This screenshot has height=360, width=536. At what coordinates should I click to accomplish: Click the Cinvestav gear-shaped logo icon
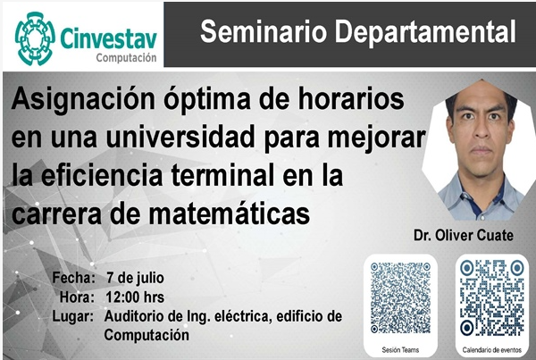(35, 38)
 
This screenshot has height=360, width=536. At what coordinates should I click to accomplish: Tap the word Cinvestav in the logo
(109, 38)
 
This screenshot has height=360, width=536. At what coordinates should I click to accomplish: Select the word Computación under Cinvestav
(127, 58)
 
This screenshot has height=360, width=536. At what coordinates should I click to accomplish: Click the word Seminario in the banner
(263, 31)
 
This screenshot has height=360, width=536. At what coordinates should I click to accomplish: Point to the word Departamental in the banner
(425, 31)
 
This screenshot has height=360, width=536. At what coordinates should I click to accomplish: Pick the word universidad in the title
(180, 137)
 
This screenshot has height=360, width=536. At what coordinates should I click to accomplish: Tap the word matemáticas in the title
(230, 214)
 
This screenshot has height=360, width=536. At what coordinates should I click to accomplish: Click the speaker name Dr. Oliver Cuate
(464, 235)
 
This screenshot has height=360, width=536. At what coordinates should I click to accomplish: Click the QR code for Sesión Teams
(400, 297)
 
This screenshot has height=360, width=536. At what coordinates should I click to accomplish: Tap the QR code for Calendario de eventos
(492, 297)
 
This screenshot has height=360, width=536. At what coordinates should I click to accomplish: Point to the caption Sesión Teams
(400, 350)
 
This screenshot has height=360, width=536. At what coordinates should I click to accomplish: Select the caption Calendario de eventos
(492, 350)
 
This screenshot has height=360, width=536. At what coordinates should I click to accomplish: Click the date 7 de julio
(135, 278)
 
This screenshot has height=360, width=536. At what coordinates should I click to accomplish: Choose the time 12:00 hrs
(135, 297)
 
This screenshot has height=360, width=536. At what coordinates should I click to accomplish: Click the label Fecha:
(73, 278)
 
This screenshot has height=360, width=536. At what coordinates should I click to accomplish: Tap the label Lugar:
(73, 316)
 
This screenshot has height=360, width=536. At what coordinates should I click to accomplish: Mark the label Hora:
(77, 297)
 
